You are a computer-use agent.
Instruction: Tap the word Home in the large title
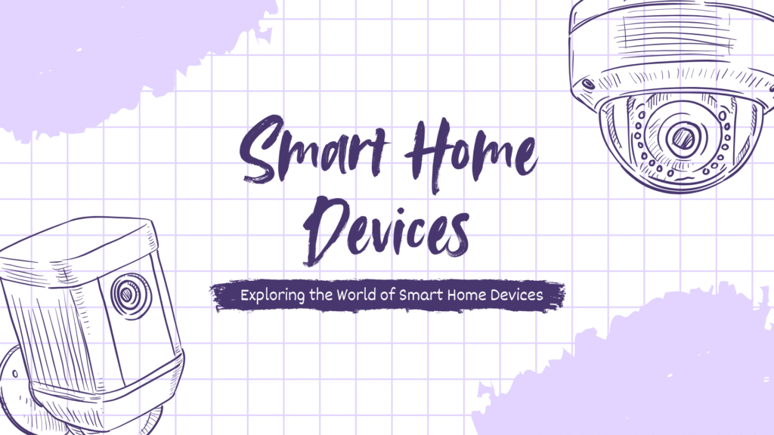469,151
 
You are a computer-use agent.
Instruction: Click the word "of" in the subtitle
386,295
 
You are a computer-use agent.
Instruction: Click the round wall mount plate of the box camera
15,385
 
